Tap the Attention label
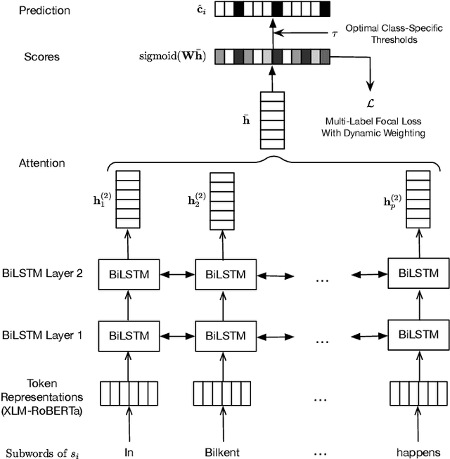(41, 163)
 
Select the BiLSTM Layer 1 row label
(41, 335)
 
